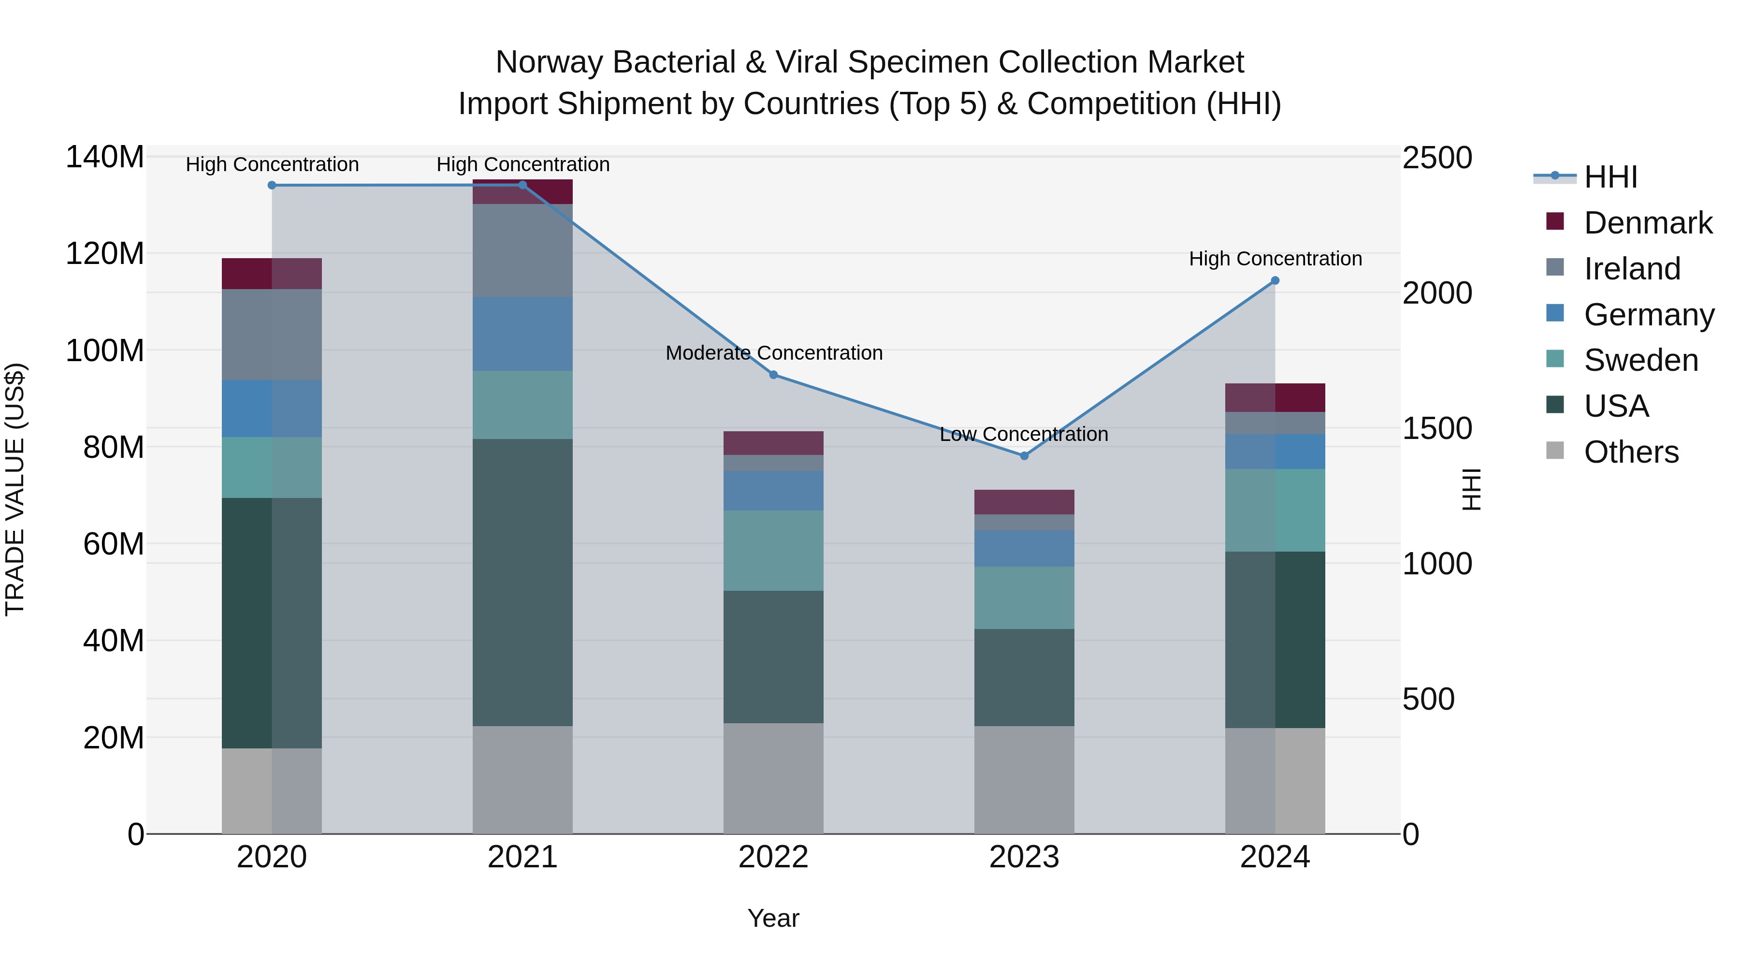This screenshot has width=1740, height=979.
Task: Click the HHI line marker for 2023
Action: (1024, 456)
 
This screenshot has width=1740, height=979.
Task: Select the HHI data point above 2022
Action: (773, 375)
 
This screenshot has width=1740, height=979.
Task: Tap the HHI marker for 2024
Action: (1275, 280)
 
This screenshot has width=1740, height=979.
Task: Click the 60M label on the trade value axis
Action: (114, 544)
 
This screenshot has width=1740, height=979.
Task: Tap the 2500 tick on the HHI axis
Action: (1437, 158)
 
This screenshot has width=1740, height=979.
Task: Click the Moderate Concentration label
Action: (773, 353)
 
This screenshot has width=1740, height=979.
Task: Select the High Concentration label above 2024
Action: (1275, 259)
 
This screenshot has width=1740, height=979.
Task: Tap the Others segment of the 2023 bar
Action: (1024, 780)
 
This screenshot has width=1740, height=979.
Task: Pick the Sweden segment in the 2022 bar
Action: (773, 551)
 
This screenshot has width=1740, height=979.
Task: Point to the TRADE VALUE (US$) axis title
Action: (15, 489)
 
